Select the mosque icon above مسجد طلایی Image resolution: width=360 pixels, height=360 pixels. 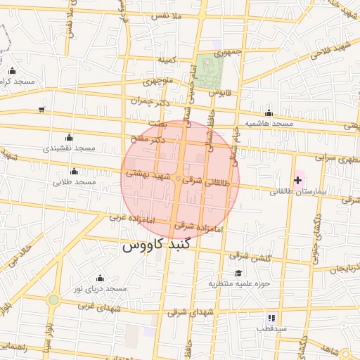[75, 171]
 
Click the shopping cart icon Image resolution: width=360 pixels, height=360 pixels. [43, 109]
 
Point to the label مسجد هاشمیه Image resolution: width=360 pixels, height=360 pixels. [268, 124]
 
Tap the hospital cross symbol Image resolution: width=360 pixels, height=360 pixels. [298, 181]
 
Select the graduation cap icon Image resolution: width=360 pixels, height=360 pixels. [238, 274]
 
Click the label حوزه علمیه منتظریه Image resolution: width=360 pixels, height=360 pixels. [238, 284]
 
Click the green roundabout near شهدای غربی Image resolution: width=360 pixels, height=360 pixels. [53, 300]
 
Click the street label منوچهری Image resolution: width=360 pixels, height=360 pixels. [157, 81]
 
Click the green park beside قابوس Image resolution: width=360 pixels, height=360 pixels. [210, 71]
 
